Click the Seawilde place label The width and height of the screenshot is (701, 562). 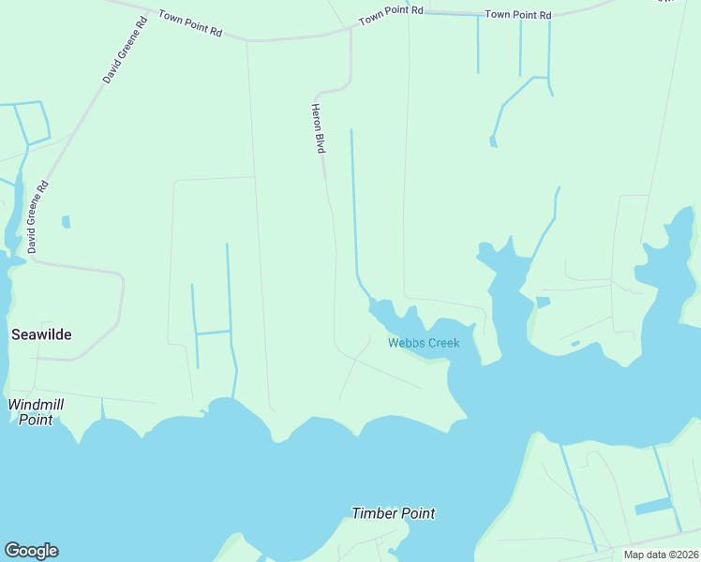point(41,334)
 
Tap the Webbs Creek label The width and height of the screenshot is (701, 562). point(424,343)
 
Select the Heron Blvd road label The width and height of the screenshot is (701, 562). point(318,128)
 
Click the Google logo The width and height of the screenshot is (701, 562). point(31,551)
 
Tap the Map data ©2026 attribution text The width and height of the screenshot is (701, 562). point(661,555)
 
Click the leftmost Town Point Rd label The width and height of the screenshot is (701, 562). point(190,23)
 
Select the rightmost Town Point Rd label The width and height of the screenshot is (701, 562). point(518,15)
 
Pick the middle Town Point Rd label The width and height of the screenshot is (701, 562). point(391,11)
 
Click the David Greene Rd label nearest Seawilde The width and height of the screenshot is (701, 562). point(37,217)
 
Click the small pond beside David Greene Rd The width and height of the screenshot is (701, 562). point(66,222)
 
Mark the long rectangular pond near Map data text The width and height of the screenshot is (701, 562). point(653,507)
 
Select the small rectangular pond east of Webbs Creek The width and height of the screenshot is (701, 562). point(543,302)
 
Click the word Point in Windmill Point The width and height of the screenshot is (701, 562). point(37,420)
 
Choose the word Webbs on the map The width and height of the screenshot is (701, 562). point(405,343)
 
